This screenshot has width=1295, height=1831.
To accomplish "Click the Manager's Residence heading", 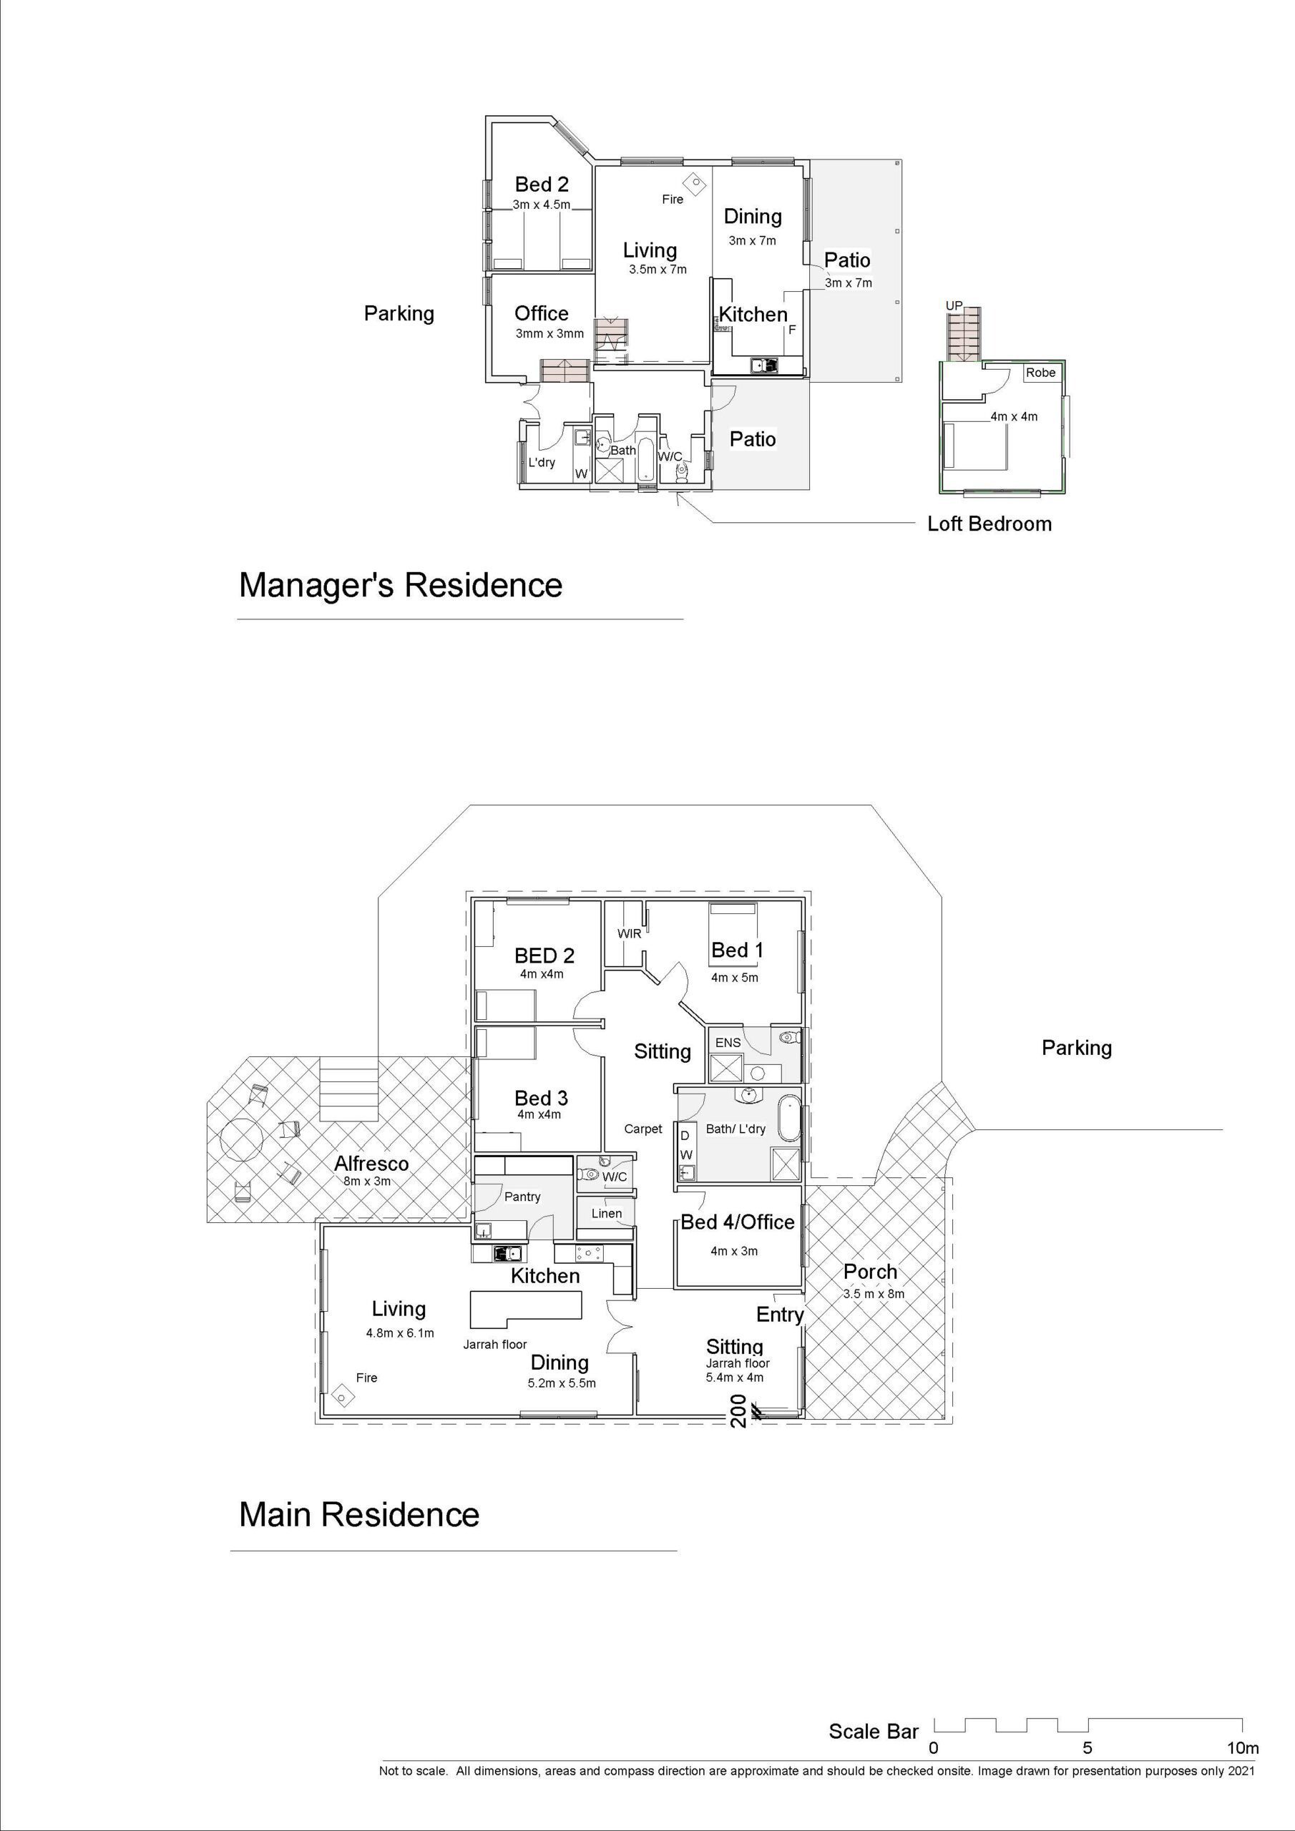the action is pos(401,585).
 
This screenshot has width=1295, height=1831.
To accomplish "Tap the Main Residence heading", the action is pos(359,1514).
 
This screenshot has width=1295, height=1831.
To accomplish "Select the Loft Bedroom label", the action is pos(989,524).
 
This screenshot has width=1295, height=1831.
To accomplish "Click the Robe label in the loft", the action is pos(1040,373).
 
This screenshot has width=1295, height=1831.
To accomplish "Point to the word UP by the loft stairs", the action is pos(954,305).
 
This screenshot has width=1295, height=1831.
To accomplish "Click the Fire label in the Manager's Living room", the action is pos(673,200).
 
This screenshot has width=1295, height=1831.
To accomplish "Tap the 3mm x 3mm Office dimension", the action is pos(549,333).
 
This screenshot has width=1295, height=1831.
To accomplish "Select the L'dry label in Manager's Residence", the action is pos(542,463).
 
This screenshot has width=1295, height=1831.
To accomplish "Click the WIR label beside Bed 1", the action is pos(630,933).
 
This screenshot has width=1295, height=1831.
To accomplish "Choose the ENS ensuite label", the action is pos(728,1042).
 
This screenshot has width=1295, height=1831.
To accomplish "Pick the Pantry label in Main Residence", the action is pos(522,1196).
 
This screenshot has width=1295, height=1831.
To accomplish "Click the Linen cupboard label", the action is pos(607,1213).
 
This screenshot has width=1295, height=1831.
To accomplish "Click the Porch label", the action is pos(871,1272).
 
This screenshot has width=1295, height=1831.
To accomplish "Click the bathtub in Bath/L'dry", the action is pos(789,1119).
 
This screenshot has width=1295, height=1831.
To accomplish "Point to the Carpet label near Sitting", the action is pos(643,1129).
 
